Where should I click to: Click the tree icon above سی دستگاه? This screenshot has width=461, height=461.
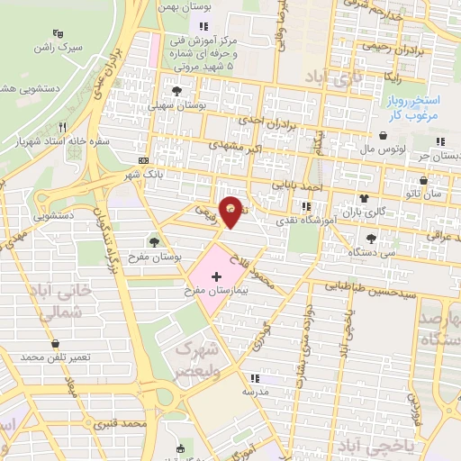(371, 239)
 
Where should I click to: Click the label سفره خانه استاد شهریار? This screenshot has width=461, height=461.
(52, 141)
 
